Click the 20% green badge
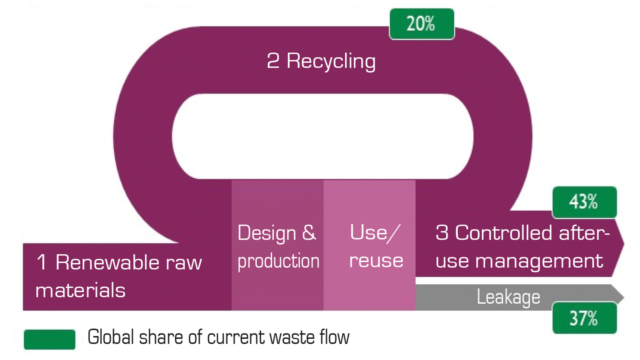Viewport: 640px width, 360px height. (x=422, y=24)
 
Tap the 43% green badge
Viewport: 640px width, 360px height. (x=584, y=202)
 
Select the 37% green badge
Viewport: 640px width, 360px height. (x=584, y=318)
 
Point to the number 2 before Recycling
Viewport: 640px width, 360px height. (x=273, y=61)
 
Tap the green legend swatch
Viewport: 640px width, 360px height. (x=50, y=340)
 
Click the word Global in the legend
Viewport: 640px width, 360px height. (x=110, y=337)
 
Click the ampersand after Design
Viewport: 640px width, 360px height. (x=309, y=232)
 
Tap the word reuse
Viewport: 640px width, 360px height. (x=376, y=261)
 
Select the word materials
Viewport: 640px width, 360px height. (x=80, y=290)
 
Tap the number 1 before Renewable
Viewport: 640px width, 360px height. (x=42, y=262)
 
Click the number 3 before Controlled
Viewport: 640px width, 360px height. (x=442, y=232)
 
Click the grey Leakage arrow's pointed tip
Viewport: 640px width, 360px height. (x=624, y=298)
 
